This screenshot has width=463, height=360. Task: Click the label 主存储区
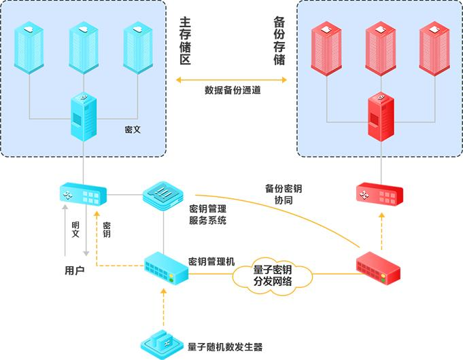tap(184, 41)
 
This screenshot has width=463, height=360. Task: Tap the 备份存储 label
tap(278, 41)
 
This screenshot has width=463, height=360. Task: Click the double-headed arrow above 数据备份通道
tap(232, 79)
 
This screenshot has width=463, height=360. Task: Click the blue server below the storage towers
tap(83, 119)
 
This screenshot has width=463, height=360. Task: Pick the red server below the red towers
tap(379, 119)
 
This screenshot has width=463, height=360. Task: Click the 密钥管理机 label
tap(211, 261)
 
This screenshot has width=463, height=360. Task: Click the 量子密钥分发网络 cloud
tap(273, 275)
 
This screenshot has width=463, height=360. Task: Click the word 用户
tap(74, 271)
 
